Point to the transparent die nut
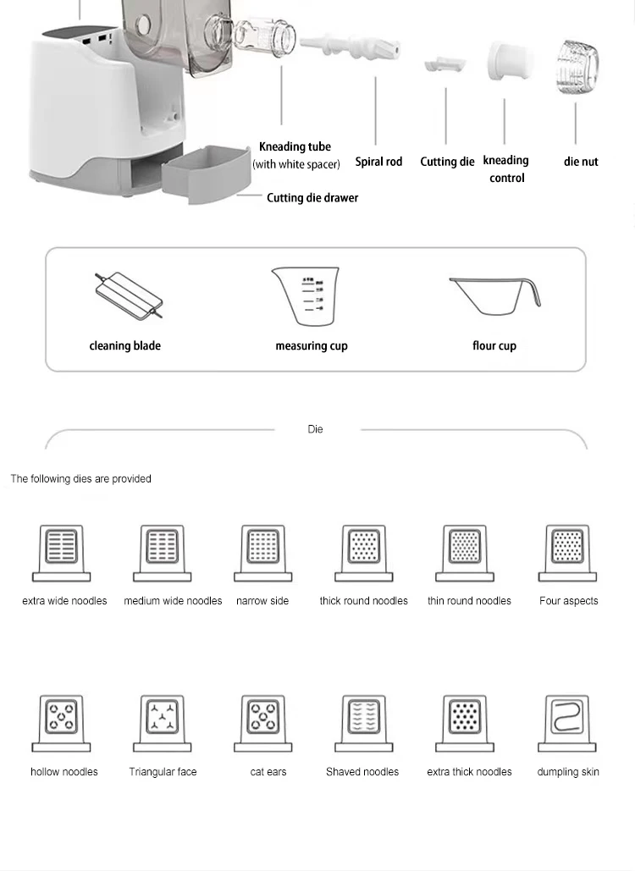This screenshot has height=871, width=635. (577, 64)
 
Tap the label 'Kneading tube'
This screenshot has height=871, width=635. (295, 146)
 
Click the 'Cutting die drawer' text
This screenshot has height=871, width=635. (312, 197)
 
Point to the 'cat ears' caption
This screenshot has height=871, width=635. (268, 772)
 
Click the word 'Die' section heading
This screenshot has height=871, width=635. (315, 429)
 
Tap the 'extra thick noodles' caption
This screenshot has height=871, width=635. (469, 772)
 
